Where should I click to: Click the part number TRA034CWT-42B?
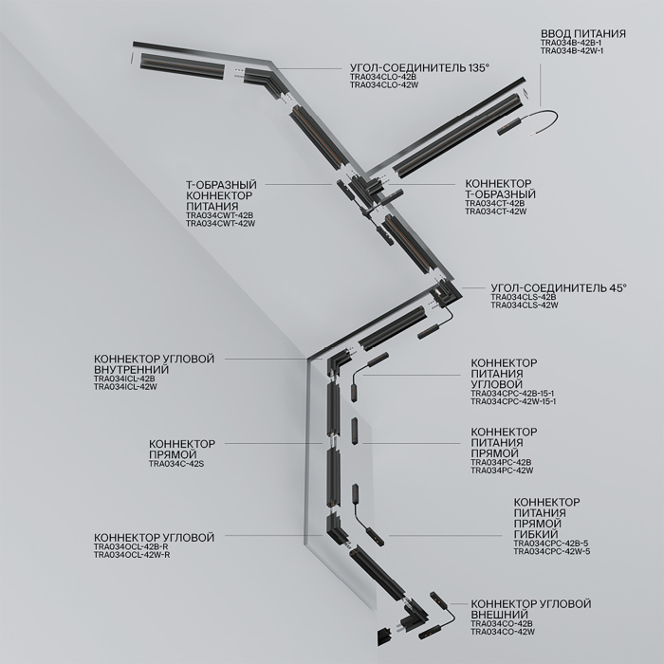[219, 215]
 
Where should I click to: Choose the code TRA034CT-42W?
[495, 212]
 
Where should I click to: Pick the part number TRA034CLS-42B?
[523, 298]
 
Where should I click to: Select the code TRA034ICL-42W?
[125, 387]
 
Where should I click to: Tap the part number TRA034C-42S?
[176, 463]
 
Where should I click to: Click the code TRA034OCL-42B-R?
[131, 547]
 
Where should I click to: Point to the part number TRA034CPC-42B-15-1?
[513, 393]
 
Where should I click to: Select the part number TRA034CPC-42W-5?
[551, 551]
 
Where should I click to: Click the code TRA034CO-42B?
[503, 622]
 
